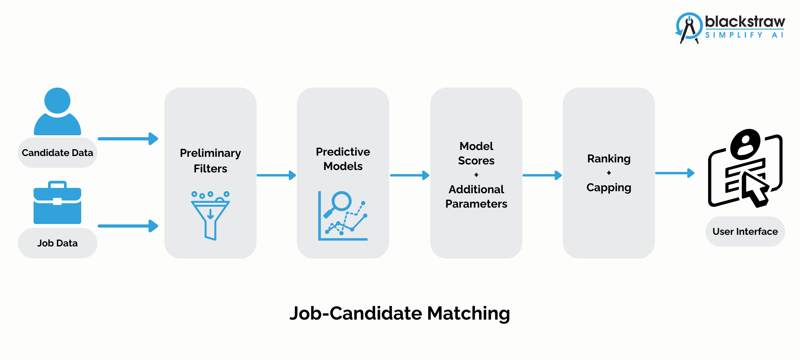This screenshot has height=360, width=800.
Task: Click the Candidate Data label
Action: pyautogui.click(x=57, y=153)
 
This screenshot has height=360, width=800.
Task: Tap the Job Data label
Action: pyautogui.click(x=57, y=243)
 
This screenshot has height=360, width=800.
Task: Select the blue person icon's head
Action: pyautogui.click(x=57, y=100)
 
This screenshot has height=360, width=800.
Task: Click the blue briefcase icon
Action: pyautogui.click(x=57, y=204)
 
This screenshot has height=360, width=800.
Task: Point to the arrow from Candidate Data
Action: pyautogui.click(x=128, y=139)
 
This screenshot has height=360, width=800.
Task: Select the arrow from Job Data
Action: pyautogui.click(x=128, y=226)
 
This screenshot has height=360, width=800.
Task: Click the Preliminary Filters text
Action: pyautogui.click(x=210, y=160)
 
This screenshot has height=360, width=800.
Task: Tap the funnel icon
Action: pyautogui.click(x=210, y=216)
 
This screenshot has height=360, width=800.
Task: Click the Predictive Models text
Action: pyautogui.click(x=343, y=159)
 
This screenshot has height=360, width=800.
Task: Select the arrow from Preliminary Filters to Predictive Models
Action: pyautogui.click(x=276, y=175)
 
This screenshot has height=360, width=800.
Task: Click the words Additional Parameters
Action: pyautogui.click(x=476, y=196)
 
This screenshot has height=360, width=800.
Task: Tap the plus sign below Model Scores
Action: pyautogui.click(x=476, y=175)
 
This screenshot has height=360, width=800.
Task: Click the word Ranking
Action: pyautogui.click(x=609, y=159)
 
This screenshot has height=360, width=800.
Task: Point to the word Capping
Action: pyautogui.click(x=609, y=188)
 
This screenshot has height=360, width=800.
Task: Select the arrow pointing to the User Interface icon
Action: pyautogui.click(x=674, y=173)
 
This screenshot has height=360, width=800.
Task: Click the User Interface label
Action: pyautogui.click(x=745, y=232)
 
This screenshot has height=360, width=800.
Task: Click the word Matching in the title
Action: pyautogui.click(x=468, y=313)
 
